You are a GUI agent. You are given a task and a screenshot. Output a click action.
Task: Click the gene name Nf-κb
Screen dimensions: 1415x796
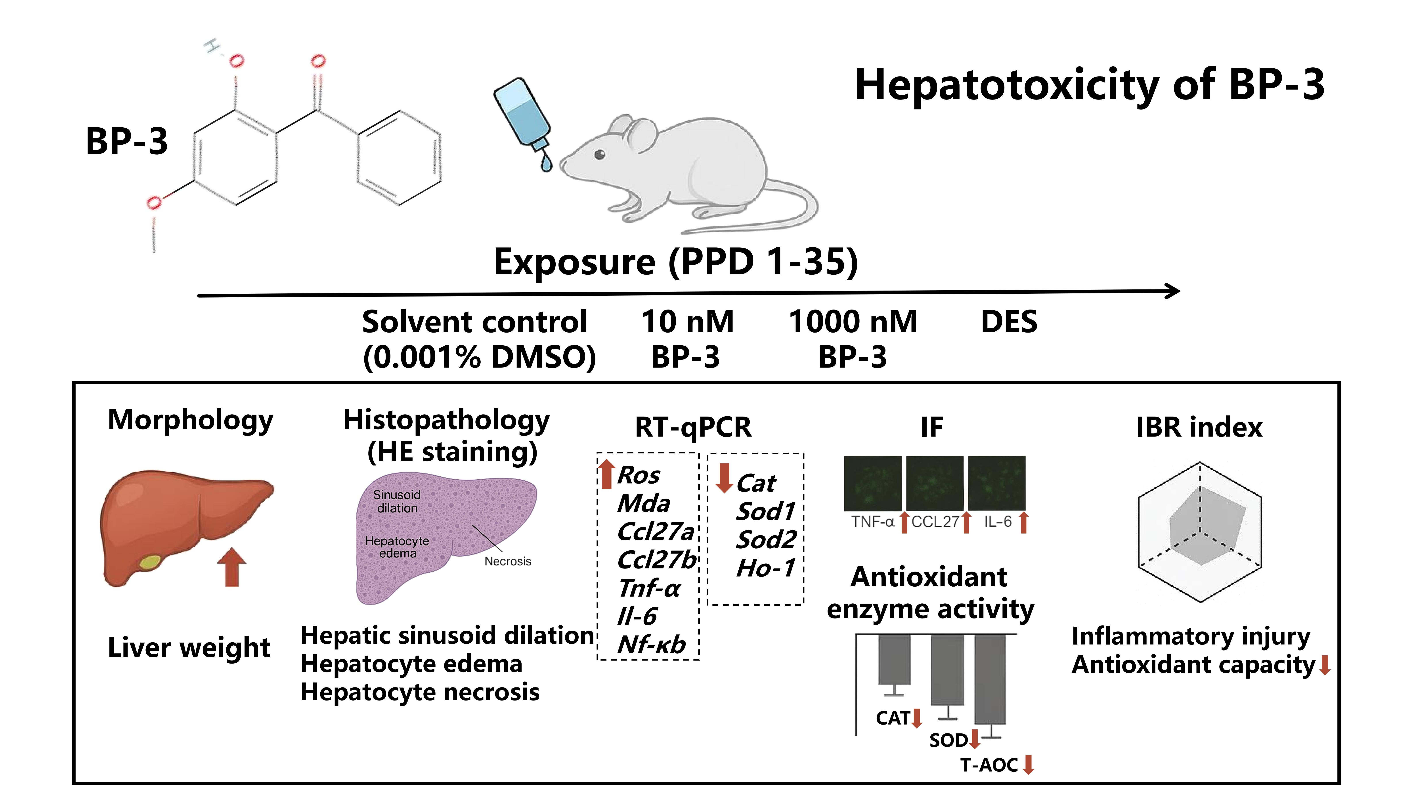(652, 644)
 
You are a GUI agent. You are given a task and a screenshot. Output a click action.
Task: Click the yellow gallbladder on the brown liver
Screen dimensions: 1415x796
(150, 563)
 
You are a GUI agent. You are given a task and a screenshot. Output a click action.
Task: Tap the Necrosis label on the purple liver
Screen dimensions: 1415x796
(508, 561)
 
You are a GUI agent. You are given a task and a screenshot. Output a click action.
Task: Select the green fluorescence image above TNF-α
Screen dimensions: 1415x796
(872, 483)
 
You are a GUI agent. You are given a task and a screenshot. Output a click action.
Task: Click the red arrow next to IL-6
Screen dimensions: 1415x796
(1023, 522)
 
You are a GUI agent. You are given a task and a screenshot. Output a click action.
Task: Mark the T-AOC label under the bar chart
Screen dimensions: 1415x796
(989, 765)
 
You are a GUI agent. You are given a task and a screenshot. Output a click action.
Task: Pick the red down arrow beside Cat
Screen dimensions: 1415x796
(724, 478)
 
